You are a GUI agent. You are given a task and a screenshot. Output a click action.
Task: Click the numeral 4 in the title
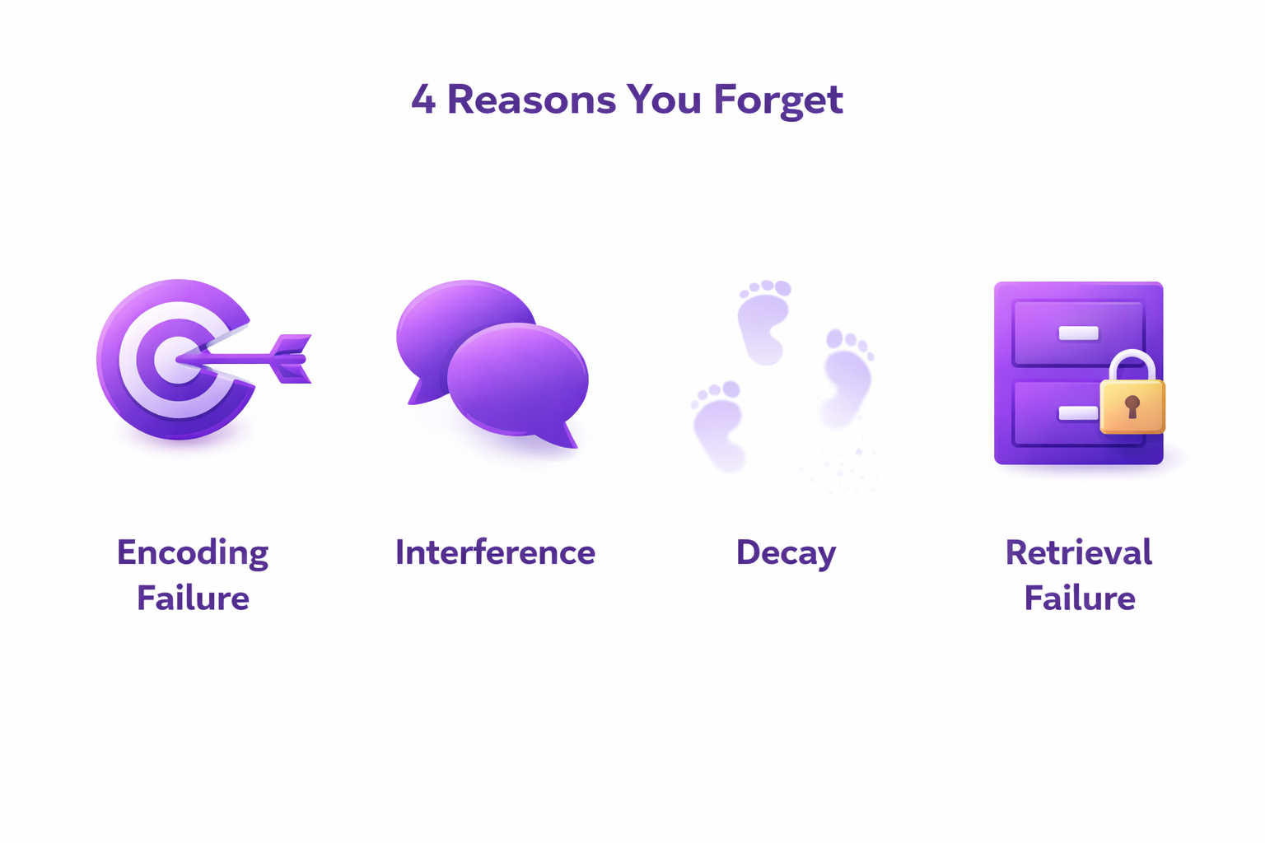click(422, 100)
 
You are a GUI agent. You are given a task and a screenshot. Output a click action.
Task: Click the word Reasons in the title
click(531, 100)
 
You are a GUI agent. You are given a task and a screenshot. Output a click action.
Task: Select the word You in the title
click(664, 100)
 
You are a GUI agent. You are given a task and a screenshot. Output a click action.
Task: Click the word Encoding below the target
click(193, 553)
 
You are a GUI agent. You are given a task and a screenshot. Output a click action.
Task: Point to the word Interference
click(495, 552)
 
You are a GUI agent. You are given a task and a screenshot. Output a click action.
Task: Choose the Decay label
click(786, 553)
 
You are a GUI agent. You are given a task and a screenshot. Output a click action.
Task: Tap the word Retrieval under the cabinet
click(1078, 552)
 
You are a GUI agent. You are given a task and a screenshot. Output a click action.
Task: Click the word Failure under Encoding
click(193, 598)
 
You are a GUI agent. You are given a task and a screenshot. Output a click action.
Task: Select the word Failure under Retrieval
click(1079, 598)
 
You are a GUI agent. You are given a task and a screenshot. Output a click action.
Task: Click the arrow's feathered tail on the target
click(292, 359)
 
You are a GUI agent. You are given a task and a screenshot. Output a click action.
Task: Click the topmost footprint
click(763, 321)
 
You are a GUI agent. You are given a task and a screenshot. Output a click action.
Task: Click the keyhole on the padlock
click(1132, 406)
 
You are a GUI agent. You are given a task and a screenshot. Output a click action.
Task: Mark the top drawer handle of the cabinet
click(1078, 333)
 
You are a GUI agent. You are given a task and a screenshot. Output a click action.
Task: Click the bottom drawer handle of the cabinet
click(1077, 413)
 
